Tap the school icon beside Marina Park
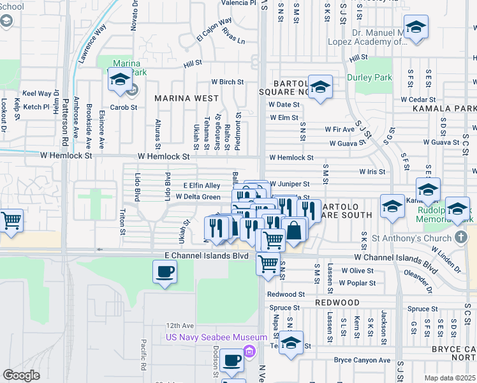[x=119, y=80]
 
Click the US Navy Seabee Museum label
[x=216, y=337]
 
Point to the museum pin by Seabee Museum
[x=249, y=350]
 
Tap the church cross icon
[x=462, y=237]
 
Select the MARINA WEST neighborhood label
[x=186, y=99]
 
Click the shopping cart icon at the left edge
[x=11, y=221]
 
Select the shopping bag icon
[x=295, y=230]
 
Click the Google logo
[x=21, y=375]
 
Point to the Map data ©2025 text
[x=450, y=378]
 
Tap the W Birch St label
[x=228, y=82]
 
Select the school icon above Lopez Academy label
[x=416, y=27]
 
